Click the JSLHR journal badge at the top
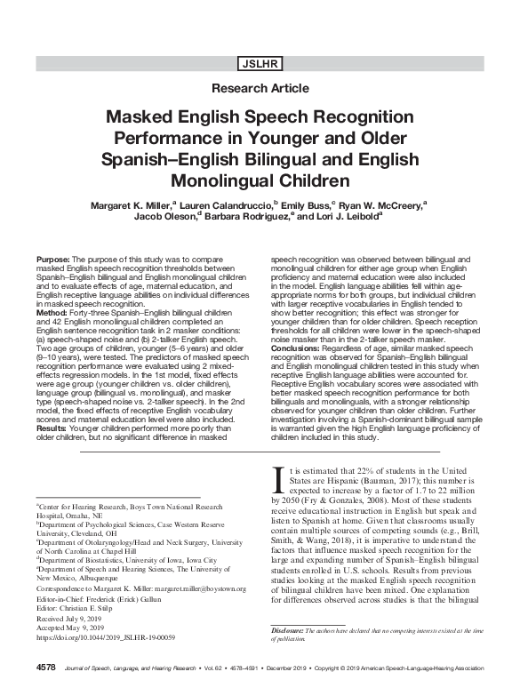pyautogui.click(x=260, y=63)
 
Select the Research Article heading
pyautogui.click(x=260, y=88)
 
